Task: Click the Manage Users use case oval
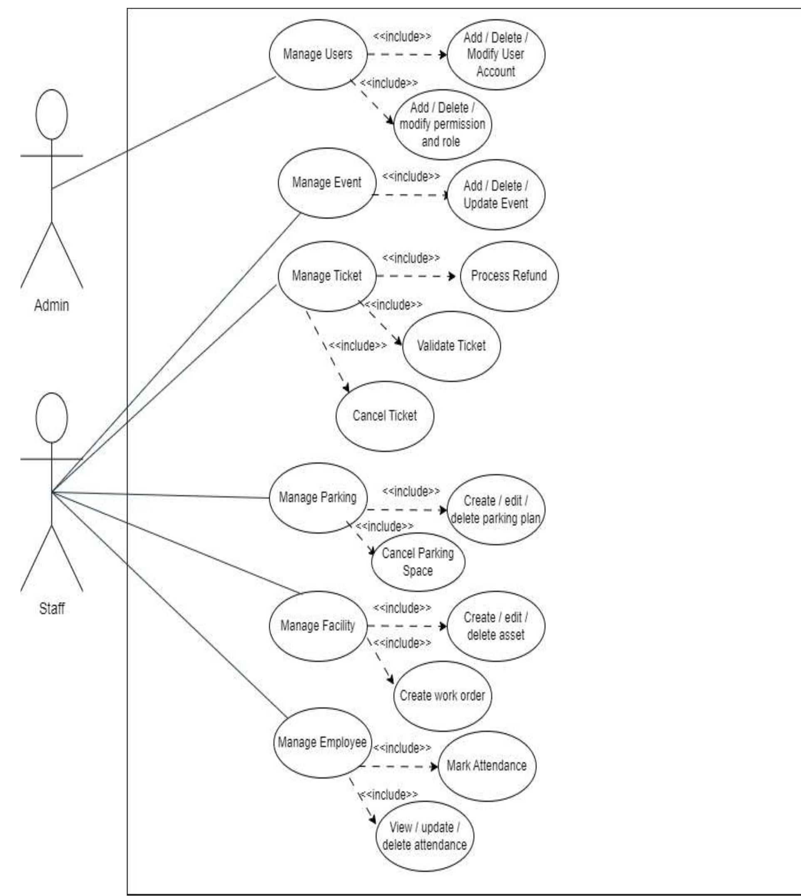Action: (x=318, y=55)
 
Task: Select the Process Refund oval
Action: (x=509, y=276)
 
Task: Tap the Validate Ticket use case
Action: (x=451, y=346)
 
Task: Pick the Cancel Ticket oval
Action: (x=385, y=416)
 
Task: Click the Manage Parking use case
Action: (x=318, y=498)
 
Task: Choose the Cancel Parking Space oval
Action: (x=418, y=562)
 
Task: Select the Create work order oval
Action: (x=442, y=696)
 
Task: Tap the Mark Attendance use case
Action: (x=486, y=766)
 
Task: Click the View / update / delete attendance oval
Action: (x=424, y=836)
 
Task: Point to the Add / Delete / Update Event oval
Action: (x=495, y=195)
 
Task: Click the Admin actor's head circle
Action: (x=52, y=115)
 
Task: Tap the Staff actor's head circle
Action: (x=52, y=418)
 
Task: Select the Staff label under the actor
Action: (x=52, y=609)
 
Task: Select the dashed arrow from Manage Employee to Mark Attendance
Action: (x=398, y=766)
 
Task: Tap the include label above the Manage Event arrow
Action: (x=410, y=177)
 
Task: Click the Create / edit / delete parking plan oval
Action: (x=495, y=510)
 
